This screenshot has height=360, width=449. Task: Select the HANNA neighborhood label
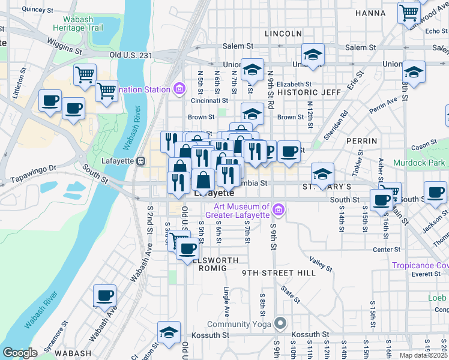point(370,13)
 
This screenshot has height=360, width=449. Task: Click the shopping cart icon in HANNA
point(409,12)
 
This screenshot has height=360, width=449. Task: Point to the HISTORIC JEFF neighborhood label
point(309,92)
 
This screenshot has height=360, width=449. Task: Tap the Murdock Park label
point(419,163)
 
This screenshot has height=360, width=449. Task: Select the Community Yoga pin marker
point(280,324)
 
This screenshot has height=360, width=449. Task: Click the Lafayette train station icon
point(141,160)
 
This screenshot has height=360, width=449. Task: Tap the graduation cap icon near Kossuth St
point(169,331)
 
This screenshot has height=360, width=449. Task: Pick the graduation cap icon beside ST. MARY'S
point(322,173)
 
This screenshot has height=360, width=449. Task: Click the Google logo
point(20,353)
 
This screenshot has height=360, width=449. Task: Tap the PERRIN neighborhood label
point(361,141)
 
